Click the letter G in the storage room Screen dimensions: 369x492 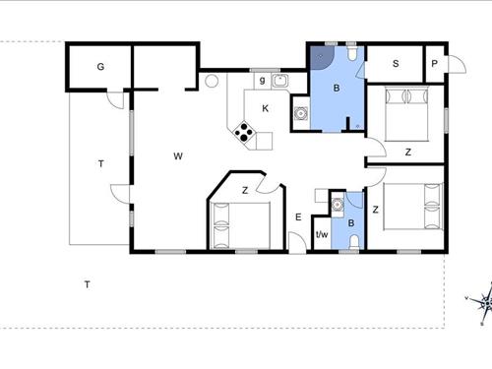coord(100,67)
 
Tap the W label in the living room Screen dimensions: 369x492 coord(178,155)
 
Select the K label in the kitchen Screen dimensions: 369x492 coord(265,108)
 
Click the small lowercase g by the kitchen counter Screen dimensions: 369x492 coord(262,81)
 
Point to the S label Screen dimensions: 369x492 coord(396,65)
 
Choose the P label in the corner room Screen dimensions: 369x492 coord(434,65)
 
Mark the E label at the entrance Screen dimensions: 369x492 coord(297,216)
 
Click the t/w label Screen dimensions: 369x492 coord(321,235)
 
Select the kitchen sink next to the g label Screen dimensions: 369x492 coord(279,81)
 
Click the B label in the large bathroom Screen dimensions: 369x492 coord(337,90)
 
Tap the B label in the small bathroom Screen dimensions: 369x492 coord(352,222)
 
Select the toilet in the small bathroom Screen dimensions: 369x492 coord(353,239)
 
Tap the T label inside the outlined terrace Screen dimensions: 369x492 coord(100,163)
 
